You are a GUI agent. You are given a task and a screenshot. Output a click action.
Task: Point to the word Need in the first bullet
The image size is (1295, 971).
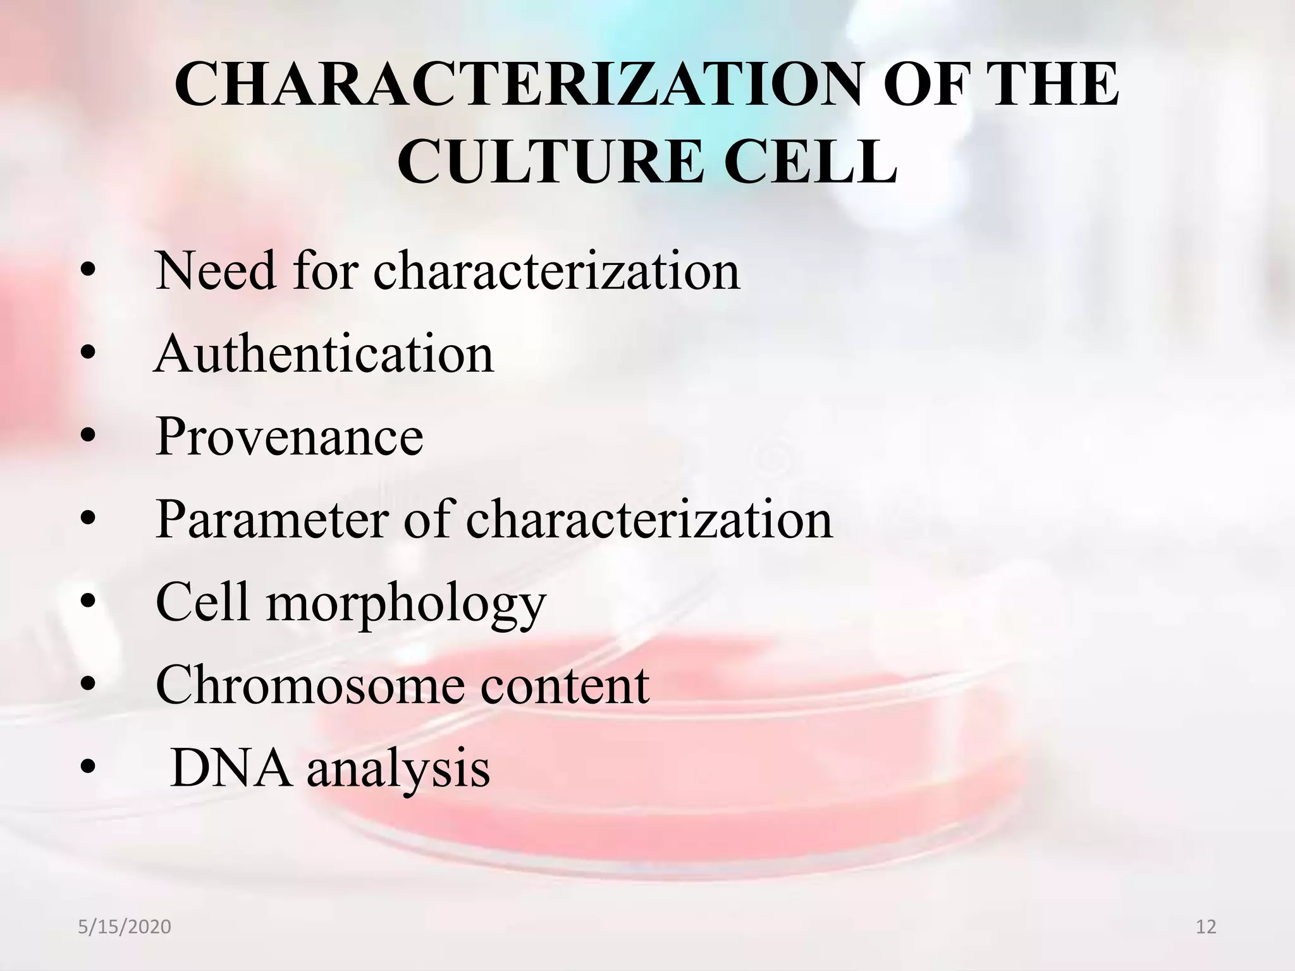(216, 271)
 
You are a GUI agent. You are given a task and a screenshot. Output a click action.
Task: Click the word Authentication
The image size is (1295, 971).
(324, 354)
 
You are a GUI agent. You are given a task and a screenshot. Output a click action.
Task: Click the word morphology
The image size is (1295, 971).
(405, 604)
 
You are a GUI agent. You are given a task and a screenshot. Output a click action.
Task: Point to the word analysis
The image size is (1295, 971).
(398, 769)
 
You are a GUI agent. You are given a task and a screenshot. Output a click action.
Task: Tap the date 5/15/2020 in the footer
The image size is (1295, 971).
(125, 927)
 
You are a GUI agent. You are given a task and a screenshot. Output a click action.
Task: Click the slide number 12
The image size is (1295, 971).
(1206, 927)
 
